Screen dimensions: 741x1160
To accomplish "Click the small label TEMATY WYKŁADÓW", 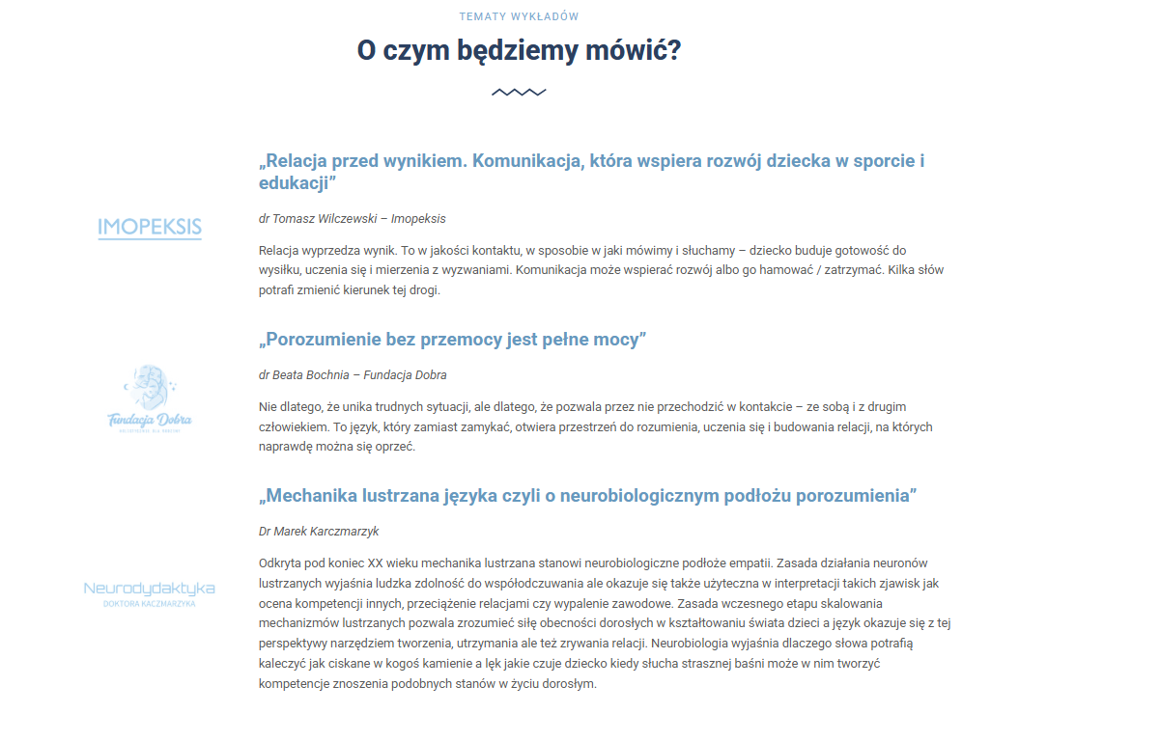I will pyautogui.click(x=519, y=16).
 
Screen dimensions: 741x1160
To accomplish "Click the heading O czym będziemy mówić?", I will pyautogui.click(x=519, y=50).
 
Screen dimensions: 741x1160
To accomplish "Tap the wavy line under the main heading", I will pyautogui.click(x=519, y=93).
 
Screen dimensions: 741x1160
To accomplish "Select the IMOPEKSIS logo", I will pyautogui.click(x=150, y=228).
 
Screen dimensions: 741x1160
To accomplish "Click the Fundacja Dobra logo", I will pyautogui.click(x=150, y=398).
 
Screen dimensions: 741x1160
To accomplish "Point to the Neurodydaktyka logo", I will pyautogui.click(x=150, y=592).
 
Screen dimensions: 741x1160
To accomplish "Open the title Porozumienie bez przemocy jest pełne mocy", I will pyautogui.click(x=452, y=340).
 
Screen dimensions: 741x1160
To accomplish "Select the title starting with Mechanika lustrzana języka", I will pyautogui.click(x=587, y=496).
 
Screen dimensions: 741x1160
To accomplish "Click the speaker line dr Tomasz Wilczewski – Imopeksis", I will pyautogui.click(x=352, y=219).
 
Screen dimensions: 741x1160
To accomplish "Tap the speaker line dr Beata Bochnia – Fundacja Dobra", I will pyautogui.click(x=353, y=374).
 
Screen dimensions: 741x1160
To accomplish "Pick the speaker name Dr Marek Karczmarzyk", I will pyautogui.click(x=319, y=531).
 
